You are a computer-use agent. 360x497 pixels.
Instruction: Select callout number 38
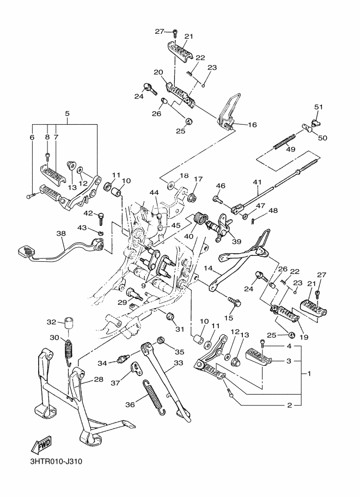(x=61, y=233)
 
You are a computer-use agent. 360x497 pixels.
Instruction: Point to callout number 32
(x=52, y=322)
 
